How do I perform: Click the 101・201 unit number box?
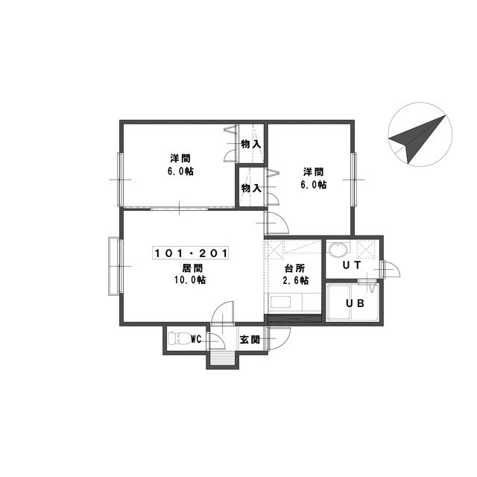[191, 253]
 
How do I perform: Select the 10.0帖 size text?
[190, 280]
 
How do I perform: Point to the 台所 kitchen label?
[294, 268]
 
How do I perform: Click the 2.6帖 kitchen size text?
[296, 280]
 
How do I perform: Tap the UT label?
[352, 265]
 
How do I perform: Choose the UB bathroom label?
[355, 303]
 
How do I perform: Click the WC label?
[196, 339]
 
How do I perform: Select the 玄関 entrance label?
[250, 340]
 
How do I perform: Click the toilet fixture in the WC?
[179, 338]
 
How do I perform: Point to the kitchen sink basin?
[280, 303]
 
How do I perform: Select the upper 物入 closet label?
[251, 144]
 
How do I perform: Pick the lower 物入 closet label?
[251, 188]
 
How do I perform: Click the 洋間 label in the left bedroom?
[180, 159]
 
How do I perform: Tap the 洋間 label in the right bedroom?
[313, 172]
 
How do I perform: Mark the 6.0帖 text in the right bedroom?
[314, 184]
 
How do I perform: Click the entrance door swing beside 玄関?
[278, 338]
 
